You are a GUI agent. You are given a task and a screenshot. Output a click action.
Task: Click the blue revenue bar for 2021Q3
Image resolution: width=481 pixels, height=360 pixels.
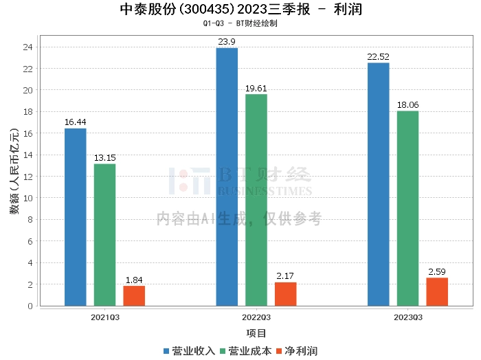pyautogui.click(x=76, y=216)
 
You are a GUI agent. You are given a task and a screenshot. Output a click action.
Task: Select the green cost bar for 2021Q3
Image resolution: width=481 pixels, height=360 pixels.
pyautogui.click(x=104, y=234)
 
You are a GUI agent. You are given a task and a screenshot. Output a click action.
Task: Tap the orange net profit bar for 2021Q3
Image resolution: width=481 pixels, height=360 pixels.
pyautogui.click(x=134, y=295)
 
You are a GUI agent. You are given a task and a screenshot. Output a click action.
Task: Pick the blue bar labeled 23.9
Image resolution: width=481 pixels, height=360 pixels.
pyautogui.click(x=227, y=177)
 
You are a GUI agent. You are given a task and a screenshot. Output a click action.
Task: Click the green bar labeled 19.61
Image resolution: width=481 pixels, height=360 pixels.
pyautogui.click(x=256, y=200)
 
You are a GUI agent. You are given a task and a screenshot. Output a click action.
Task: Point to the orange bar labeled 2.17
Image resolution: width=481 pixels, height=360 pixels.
pyautogui.click(x=286, y=294)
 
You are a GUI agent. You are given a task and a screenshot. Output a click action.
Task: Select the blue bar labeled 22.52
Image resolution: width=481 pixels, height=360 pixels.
pyautogui.click(x=379, y=184)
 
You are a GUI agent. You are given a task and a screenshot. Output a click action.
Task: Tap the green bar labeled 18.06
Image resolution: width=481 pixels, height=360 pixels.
pyautogui.click(x=407, y=208)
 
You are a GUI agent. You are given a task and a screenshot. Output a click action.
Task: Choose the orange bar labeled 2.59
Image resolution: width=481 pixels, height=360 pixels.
pyautogui.click(x=437, y=291)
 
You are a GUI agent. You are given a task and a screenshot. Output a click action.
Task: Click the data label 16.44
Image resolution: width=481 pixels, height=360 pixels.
pyautogui.click(x=76, y=122)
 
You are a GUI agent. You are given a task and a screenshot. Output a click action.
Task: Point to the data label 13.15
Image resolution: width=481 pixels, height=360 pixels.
pyautogui.click(x=104, y=158)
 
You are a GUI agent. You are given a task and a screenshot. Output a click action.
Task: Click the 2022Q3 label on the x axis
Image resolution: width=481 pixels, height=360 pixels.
pyautogui.click(x=256, y=317)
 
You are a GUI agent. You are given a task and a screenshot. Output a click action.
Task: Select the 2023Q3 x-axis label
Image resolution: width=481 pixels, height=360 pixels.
pyautogui.click(x=407, y=317)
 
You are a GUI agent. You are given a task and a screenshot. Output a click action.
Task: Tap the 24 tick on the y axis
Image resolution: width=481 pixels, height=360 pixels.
pyautogui.click(x=29, y=47)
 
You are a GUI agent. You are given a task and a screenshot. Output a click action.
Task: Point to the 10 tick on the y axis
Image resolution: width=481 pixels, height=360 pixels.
pyautogui.click(x=29, y=198)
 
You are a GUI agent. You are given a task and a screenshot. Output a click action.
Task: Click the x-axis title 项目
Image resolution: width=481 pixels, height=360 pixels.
pyautogui.click(x=256, y=333)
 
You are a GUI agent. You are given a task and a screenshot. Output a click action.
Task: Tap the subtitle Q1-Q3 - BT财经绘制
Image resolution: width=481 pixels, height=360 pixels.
pyautogui.click(x=240, y=23)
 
